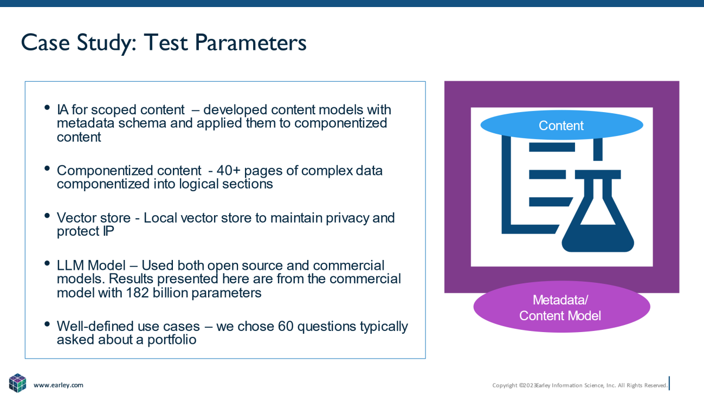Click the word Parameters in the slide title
pos(250,43)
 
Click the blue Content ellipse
pos(561,125)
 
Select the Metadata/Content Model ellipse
pos(561,307)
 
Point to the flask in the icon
pos(598,211)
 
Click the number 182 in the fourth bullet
pos(137,293)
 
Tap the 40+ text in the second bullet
pos(229,171)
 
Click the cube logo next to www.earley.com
pos(17,383)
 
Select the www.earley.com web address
pos(59,385)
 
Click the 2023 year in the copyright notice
pos(529,385)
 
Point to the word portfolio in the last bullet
pos(172,340)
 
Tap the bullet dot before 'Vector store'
pos(47,216)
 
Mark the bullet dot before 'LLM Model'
pos(47,263)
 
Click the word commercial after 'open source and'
pos(348,265)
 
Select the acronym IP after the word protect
pos(108,231)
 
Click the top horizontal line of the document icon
pos(552,147)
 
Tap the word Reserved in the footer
pos(656,385)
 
